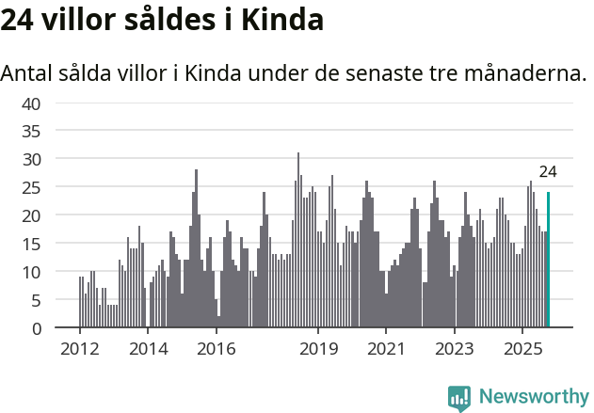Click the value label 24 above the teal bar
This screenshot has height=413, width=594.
(x=548, y=172)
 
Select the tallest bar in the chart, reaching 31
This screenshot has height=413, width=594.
(x=298, y=240)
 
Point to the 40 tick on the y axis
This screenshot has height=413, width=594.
(x=31, y=103)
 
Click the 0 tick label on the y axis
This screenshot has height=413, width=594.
(x=36, y=328)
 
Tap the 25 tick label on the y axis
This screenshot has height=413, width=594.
(x=31, y=187)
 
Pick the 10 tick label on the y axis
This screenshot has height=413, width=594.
(x=31, y=272)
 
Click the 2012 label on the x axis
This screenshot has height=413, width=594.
(x=79, y=348)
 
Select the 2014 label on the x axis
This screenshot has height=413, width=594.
(x=148, y=348)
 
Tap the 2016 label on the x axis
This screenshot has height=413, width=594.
(x=217, y=348)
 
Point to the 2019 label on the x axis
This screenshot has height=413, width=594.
(x=319, y=348)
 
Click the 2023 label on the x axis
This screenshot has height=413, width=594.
(x=455, y=348)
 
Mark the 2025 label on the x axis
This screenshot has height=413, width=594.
(x=522, y=348)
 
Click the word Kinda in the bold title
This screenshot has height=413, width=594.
(x=281, y=21)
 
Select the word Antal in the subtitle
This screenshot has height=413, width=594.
(x=28, y=72)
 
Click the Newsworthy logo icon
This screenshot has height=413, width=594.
(x=459, y=398)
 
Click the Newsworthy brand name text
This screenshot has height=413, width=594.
(x=533, y=398)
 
